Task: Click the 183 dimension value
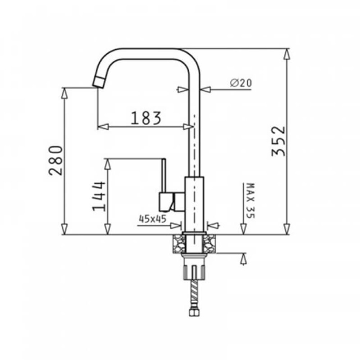pyautogui.click(x=146, y=118)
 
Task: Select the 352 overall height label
pyautogui.click(x=278, y=141)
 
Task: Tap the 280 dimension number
pyautogui.click(x=55, y=161)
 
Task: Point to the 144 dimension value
pyautogui.click(x=99, y=196)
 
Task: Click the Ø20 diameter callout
pyautogui.click(x=241, y=82)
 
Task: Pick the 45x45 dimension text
pyautogui.click(x=152, y=219)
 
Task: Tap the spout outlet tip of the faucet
pyautogui.click(x=99, y=82)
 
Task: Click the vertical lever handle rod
pyautogui.click(x=163, y=176)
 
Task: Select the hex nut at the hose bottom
pyautogui.click(x=194, y=312)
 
